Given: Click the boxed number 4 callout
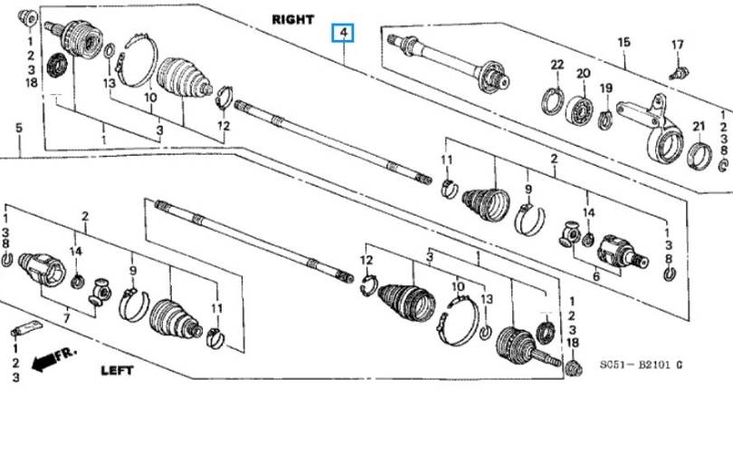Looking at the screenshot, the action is [x=343, y=33].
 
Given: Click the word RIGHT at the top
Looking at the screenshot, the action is [x=293, y=20].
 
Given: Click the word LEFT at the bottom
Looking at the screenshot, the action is [x=118, y=371].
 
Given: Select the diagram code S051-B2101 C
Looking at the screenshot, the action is [x=642, y=364].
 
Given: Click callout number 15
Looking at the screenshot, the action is [x=624, y=42].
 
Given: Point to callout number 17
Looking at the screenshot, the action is [x=678, y=45].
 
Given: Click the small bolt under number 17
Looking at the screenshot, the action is [x=679, y=73].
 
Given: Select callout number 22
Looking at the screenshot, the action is [x=557, y=64].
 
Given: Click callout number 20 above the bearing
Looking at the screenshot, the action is [x=584, y=73].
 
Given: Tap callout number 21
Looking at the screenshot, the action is [x=699, y=126].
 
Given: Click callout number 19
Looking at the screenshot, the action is [x=606, y=88].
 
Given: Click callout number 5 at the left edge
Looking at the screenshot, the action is [x=19, y=128].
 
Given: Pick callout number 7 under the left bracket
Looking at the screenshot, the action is [x=67, y=319].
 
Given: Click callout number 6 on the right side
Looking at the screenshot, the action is [x=596, y=276].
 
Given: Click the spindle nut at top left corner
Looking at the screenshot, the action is [x=28, y=19].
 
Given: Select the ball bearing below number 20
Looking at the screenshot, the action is [x=580, y=111].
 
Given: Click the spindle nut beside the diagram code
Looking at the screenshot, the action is [x=574, y=368].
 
